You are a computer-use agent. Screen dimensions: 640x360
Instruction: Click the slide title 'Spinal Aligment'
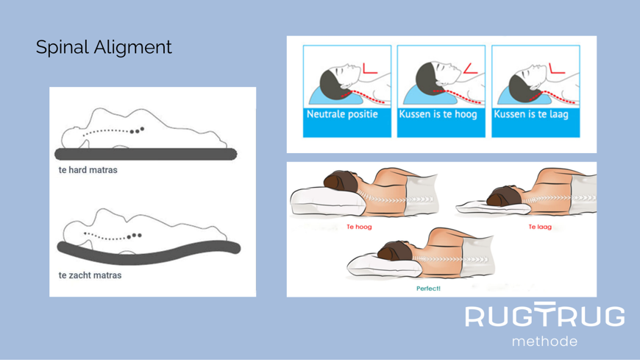(x=104, y=47)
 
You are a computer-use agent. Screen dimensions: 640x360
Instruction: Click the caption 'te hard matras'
(x=88, y=170)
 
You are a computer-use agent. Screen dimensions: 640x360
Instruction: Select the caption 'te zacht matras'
(x=90, y=275)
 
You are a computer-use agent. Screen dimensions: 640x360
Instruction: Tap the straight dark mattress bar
(x=146, y=154)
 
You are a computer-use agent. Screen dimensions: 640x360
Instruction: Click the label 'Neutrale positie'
(x=342, y=114)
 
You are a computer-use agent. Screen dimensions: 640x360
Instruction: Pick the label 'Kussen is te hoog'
(x=438, y=114)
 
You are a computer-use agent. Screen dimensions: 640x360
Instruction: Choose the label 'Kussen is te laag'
(x=531, y=114)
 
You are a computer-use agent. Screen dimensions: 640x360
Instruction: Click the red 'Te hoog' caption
(x=359, y=227)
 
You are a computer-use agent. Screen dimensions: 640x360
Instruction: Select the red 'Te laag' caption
(x=540, y=227)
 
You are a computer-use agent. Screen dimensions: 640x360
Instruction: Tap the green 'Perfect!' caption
(x=428, y=289)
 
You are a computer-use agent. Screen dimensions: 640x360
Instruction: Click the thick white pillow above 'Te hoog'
(x=327, y=202)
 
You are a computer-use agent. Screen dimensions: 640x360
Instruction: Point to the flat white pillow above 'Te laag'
(x=493, y=208)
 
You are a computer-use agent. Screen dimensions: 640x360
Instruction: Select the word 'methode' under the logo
(x=544, y=341)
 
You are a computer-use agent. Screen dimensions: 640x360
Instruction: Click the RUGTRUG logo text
(x=545, y=314)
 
